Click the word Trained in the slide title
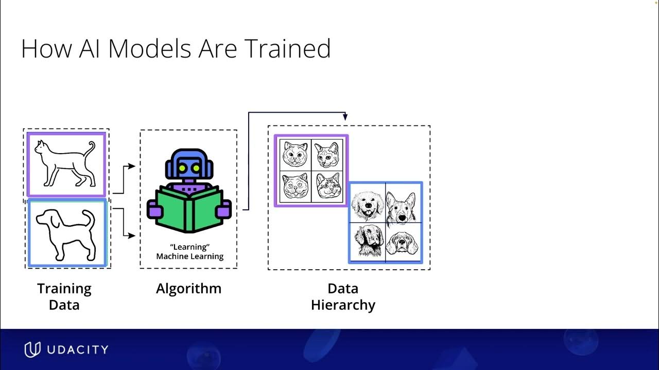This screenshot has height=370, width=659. [287, 49]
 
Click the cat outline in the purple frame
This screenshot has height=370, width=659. [65, 164]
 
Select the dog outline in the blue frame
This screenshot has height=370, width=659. [66, 234]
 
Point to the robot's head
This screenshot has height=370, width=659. [189, 166]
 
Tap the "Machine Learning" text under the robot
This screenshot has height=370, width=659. [189, 256]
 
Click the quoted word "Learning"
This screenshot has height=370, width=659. [189, 247]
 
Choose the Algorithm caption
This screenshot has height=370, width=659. [188, 289]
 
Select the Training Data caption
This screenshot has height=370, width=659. [64, 297]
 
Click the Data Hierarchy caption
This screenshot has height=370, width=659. [343, 297]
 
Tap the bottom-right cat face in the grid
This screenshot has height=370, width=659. [327, 186]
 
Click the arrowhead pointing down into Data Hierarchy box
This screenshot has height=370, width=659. [345, 118]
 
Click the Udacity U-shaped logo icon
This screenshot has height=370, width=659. [32, 349]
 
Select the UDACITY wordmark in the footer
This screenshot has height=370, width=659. [77, 350]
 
